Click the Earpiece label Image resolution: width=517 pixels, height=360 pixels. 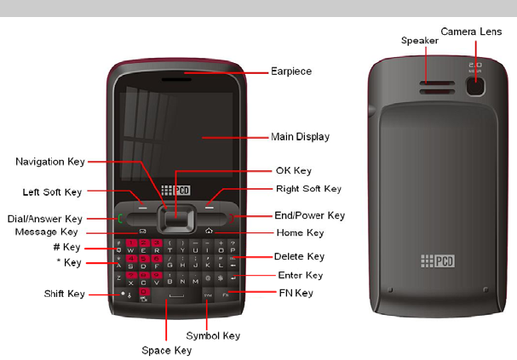coord(290,71)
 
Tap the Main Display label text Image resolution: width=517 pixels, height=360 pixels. coord(300,136)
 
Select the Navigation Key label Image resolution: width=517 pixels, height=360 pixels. coord(51,161)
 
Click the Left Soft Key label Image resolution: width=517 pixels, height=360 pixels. coord(51,191)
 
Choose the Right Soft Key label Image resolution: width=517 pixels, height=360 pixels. coord(308,189)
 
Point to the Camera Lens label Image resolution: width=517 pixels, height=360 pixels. coord(476,31)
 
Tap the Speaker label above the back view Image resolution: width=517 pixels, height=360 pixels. coord(419,40)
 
